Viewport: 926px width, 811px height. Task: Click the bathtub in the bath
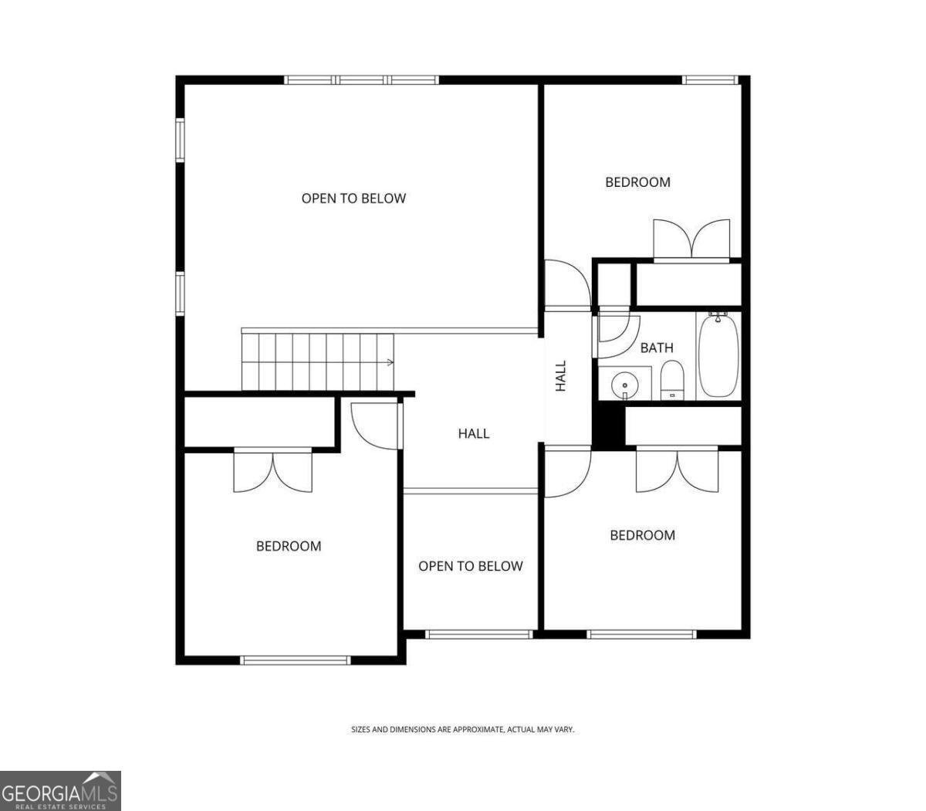[x=718, y=356]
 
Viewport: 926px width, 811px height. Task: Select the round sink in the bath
[x=623, y=383]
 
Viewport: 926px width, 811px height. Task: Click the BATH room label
[x=657, y=348]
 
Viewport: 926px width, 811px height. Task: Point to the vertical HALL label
[x=561, y=376]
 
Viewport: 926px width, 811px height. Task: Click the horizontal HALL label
[x=474, y=433]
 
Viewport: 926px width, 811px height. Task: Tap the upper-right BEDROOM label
[x=637, y=182]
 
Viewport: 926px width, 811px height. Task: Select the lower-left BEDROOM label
[x=289, y=546]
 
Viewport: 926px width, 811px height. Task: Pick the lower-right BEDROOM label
[x=642, y=535]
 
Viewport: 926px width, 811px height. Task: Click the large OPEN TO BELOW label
[x=353, y=199]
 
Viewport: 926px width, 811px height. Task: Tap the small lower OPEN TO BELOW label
[x=471, y=566]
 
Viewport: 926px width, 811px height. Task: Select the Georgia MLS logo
[x=60, y=791]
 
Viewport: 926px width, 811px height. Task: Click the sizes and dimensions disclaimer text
[x=463, y=729]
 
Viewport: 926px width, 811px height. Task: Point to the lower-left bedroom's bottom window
[x=296, y=660]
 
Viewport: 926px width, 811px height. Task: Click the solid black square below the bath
[x=608, y=427]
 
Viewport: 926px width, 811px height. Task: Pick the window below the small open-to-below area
[x=478, y=634]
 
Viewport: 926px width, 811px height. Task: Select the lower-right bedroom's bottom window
[x=641, y=634]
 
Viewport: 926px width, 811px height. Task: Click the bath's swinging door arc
[x=617, y=335]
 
